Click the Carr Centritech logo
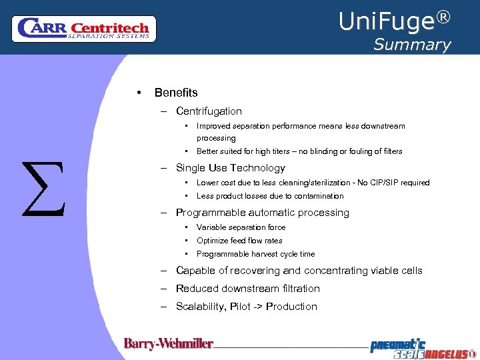[84, 29]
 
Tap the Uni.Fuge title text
[387, 22]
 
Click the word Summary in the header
[411, 45]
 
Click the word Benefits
[176, 93]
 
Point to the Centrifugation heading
[209, 111]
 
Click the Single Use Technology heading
[230, 168]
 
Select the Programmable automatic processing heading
[262, 213]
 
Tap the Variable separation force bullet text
[241, 227]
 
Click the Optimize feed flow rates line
[239, 241]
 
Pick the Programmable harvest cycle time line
[255, 254]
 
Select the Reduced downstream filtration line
[247, 289]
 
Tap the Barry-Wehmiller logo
[168, 344]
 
